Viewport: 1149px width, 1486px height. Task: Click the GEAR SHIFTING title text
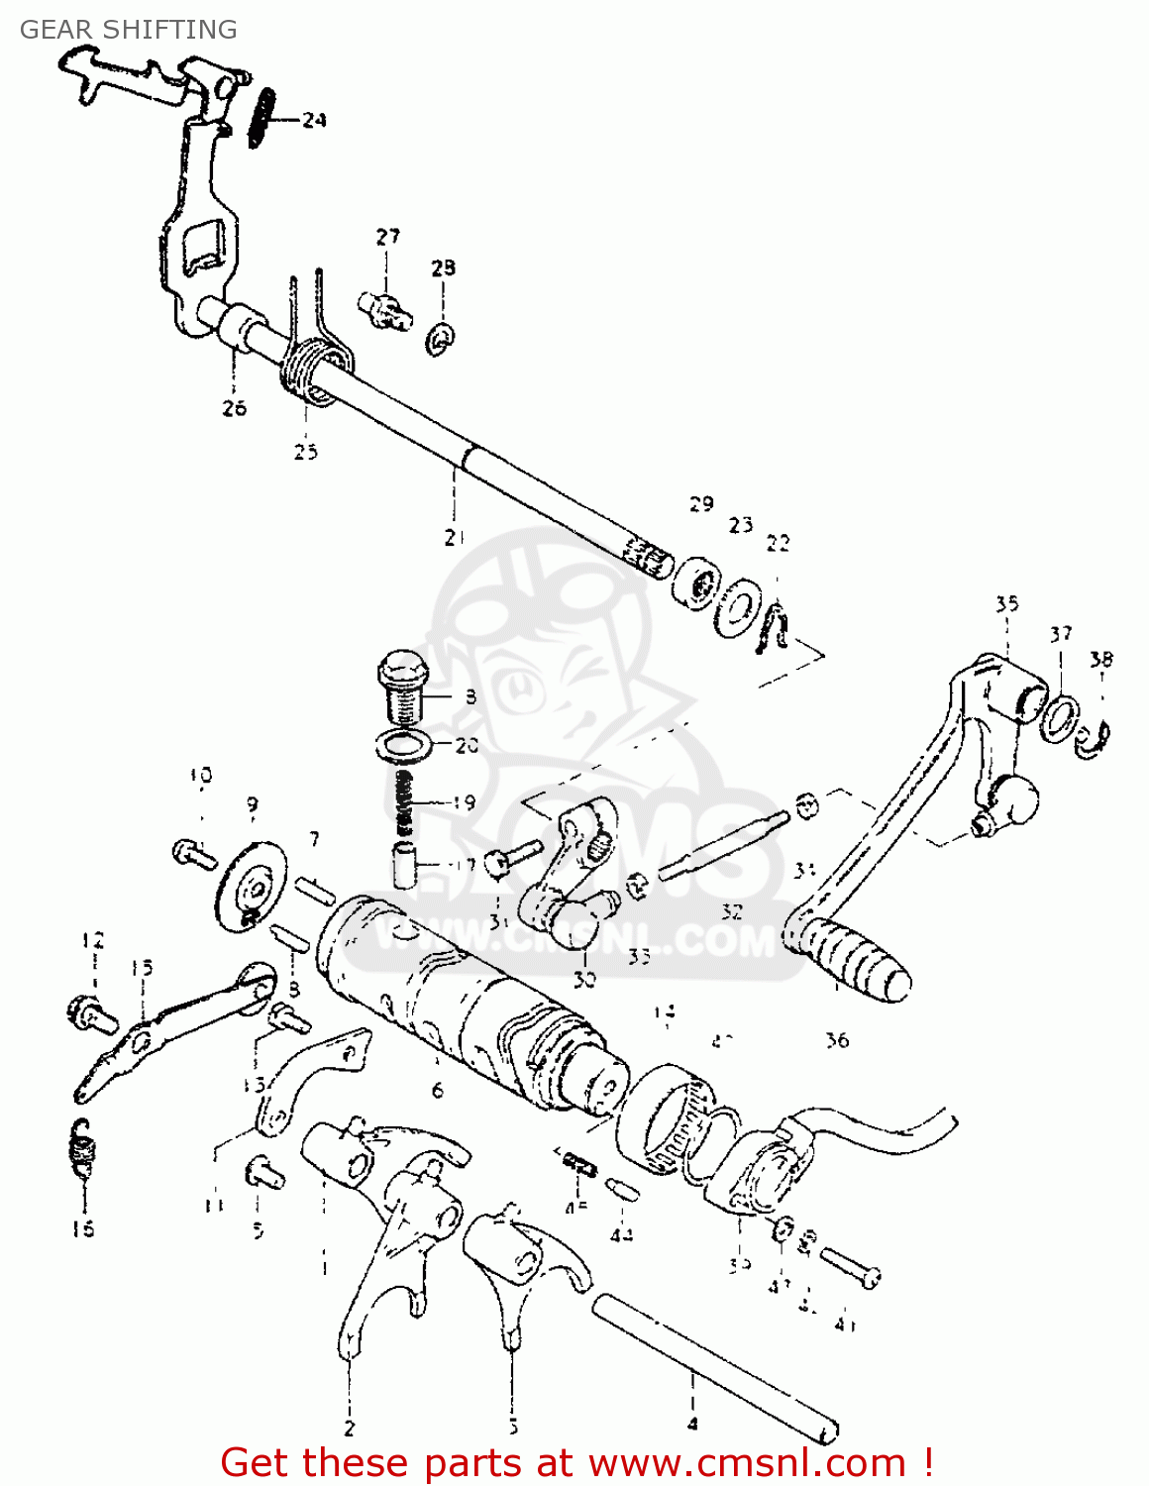pyautogui.click(x=129, y=30)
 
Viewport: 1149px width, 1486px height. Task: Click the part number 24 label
pyautogui.click(x=314, y=120)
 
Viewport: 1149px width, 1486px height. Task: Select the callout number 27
pyautogui.click(x=387, y=236)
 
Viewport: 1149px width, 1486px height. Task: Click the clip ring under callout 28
pyautogui.click(x=441, y=338)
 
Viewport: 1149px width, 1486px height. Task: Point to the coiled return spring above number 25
pyautogui.click(x=315, y=371)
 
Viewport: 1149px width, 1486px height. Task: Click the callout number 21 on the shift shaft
pyautogui.click(x=454, y=538)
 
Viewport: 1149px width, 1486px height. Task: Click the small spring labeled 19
pyautogui.click(x=402, y=802)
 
